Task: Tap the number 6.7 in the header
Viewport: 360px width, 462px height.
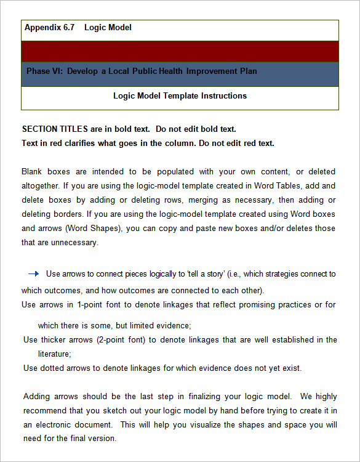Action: click(x=69, y=28)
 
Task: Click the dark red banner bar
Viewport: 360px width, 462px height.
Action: click(x=180, y=51)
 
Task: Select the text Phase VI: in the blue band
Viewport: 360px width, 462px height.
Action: click(x=44, y=71)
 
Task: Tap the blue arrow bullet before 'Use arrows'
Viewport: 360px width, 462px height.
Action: click(x=33, y=274)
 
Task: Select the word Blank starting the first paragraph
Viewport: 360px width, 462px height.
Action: click(x=32, y=171)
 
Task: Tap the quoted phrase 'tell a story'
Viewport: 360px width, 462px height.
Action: click(x=212, y=274)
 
